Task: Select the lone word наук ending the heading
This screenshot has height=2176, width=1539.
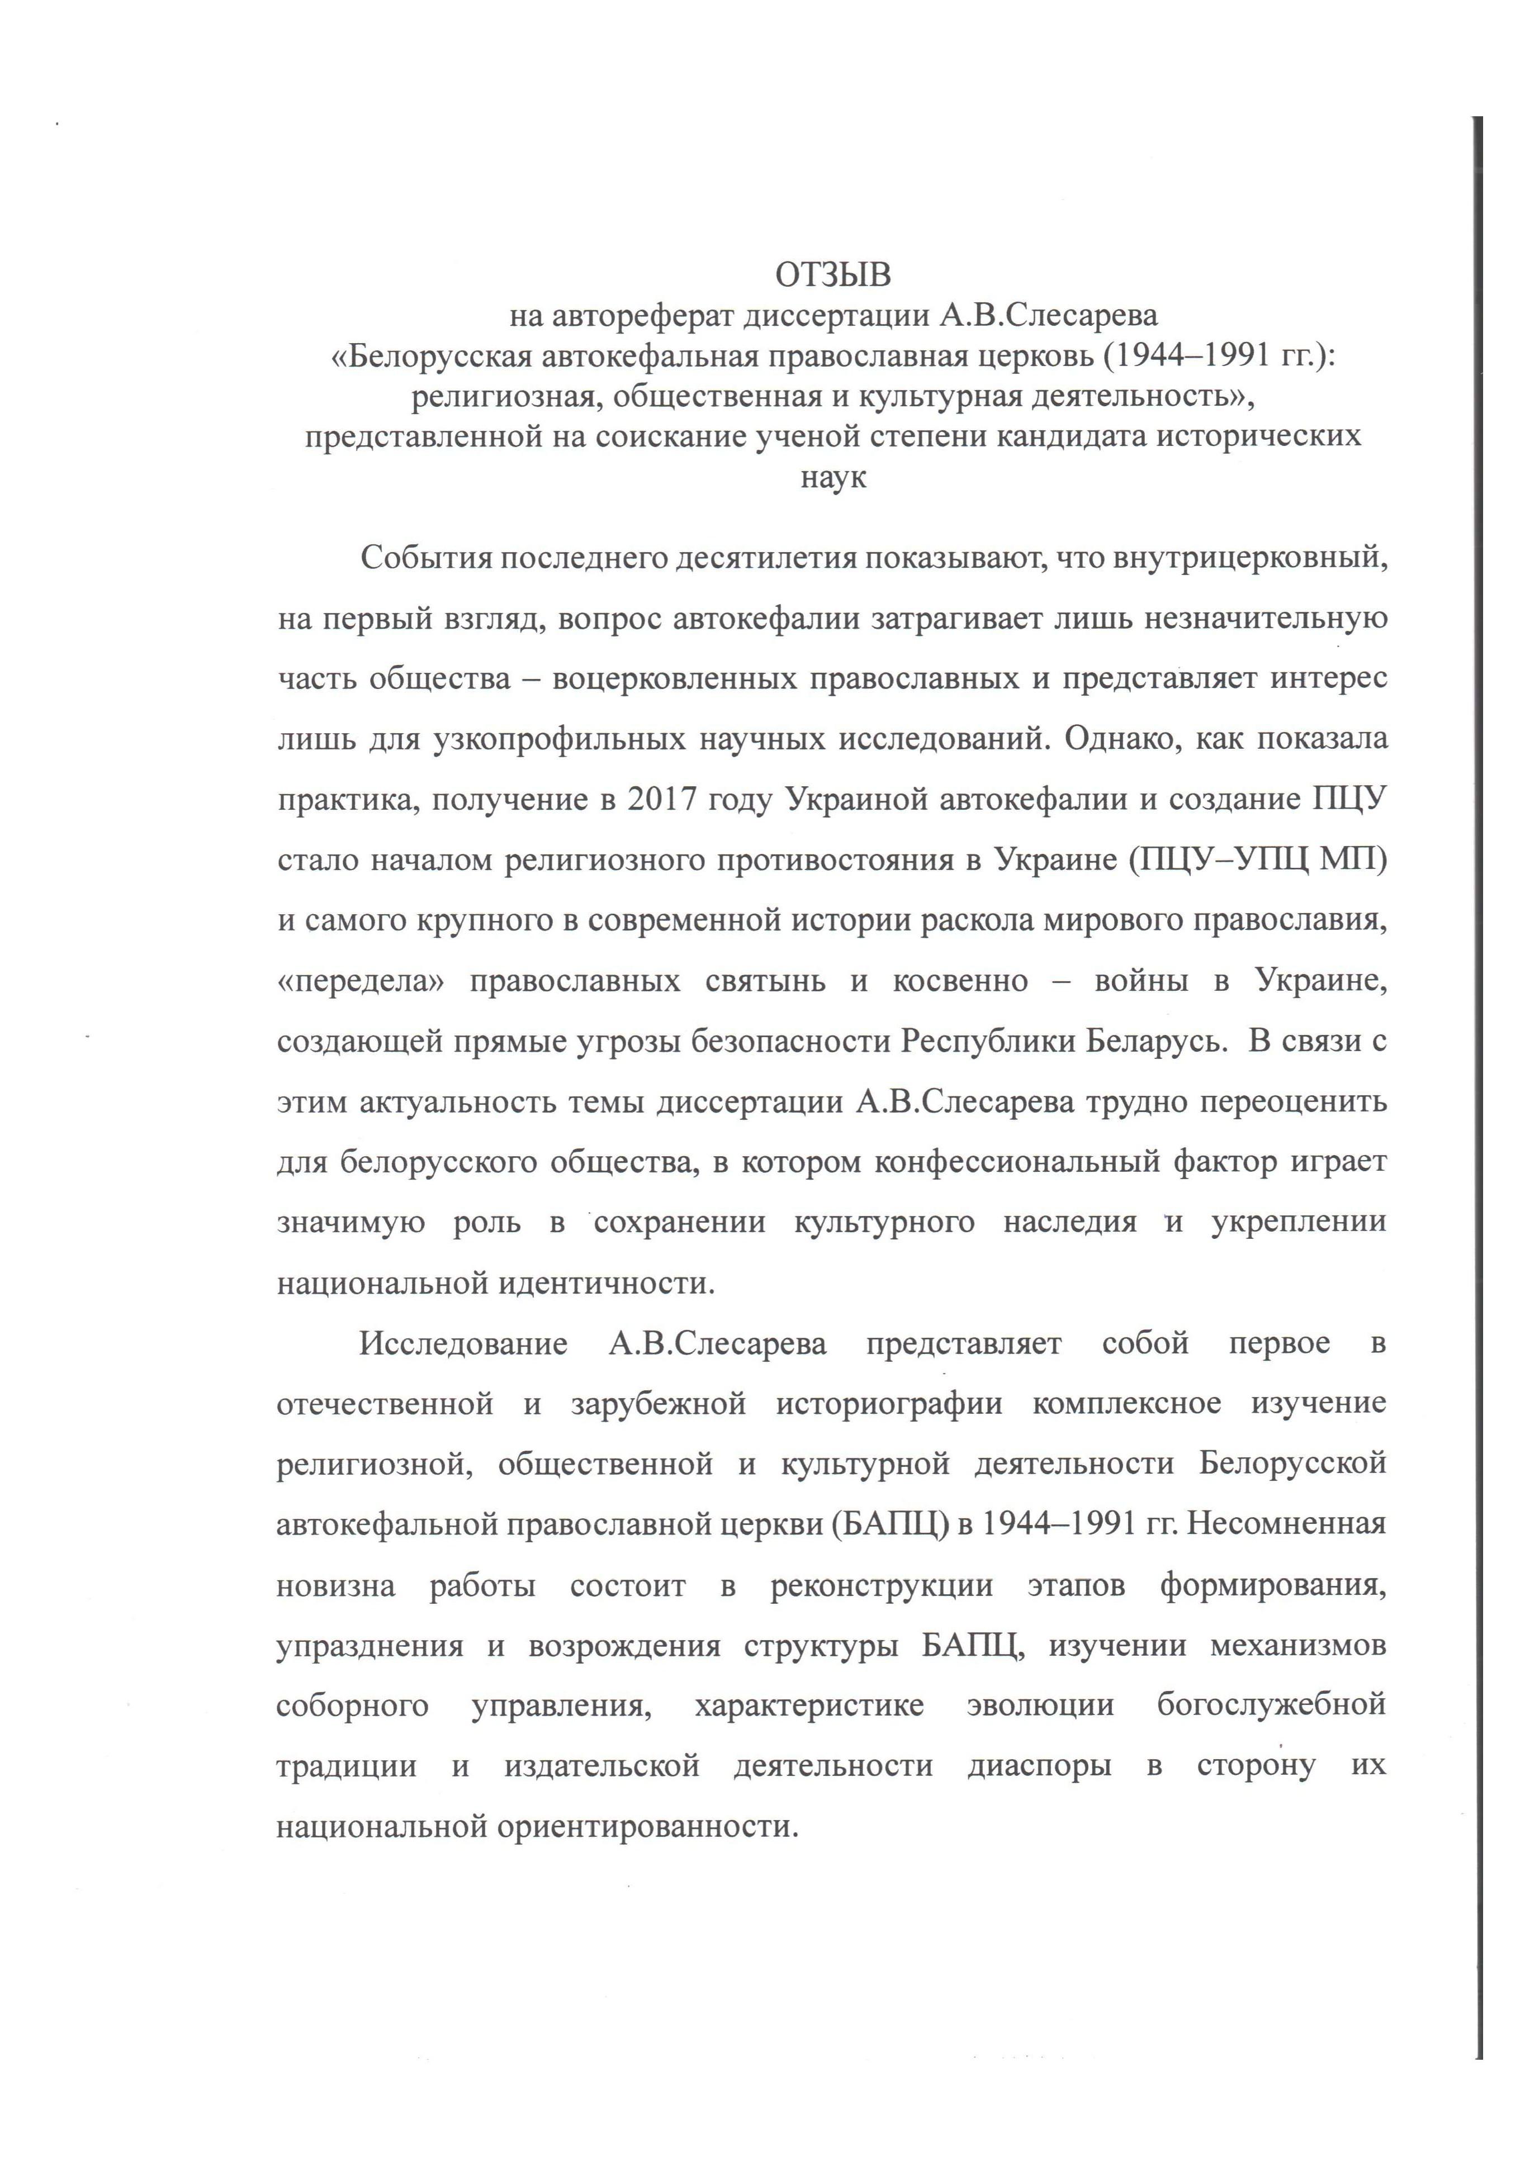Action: click(834, 478)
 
